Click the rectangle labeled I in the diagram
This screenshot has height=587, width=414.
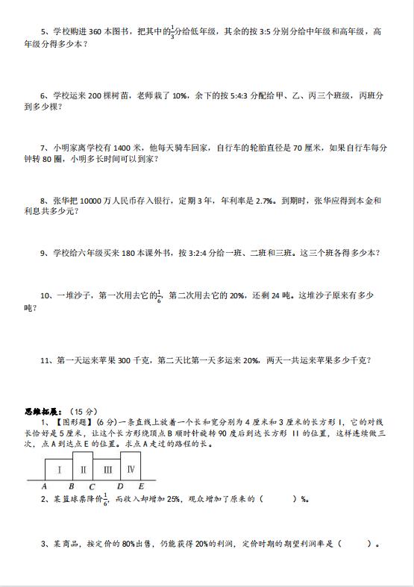click(59, 469)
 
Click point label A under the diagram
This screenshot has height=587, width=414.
click(46, 486)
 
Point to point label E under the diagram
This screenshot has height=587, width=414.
click(141, 486)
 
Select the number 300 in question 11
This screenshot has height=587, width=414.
click(126, 360)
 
